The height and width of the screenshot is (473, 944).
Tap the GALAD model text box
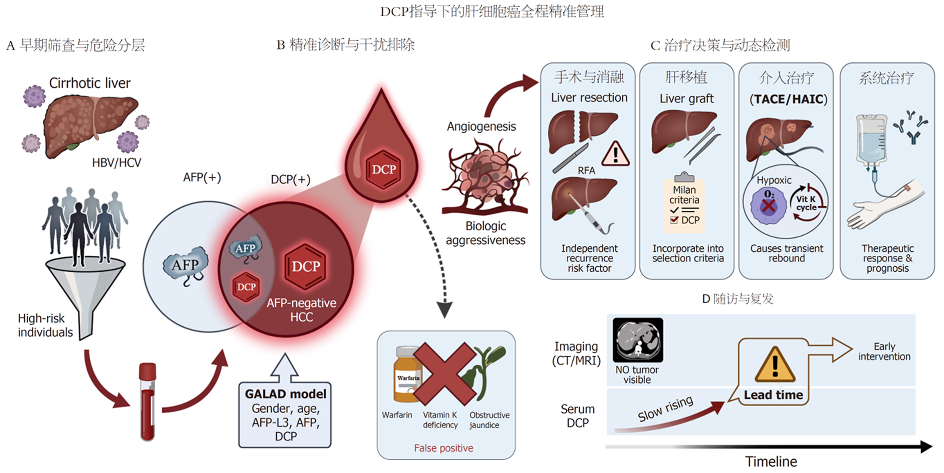click(x=285, y=415)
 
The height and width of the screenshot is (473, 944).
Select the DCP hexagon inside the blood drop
click(x=384, y=169)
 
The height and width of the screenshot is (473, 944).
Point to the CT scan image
click(x=638, y=340)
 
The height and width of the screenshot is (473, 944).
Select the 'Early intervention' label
click(x=884, y=352)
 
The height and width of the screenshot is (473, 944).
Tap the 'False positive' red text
click(x=444, y=448)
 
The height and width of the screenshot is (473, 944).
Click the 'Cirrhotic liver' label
click(x=90, y=83)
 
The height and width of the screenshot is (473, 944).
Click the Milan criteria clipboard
click(x=684, y=203)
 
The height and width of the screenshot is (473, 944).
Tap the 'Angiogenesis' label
click(x=481, y=126)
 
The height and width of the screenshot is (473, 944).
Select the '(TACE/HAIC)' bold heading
click(x=788, y=99)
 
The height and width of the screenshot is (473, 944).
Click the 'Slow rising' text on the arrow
click(x=666, y=409)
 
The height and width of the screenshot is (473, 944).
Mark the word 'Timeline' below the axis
click(x=771, y=461)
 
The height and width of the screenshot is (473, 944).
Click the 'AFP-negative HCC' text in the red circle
click(x=301, y=310)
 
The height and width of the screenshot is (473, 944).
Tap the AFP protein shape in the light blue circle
click(x=185, y=265)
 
